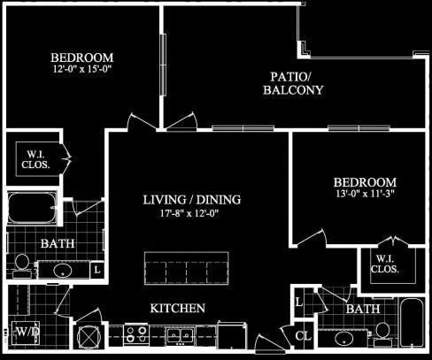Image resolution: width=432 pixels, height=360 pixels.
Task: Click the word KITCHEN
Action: point(178,309)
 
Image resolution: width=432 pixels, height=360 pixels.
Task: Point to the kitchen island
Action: point(186,267)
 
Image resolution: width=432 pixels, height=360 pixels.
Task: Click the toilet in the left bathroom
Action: point(21,263)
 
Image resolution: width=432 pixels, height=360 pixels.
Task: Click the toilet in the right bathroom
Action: point(382,331)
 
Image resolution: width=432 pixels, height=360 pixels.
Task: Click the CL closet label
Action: point(303,336)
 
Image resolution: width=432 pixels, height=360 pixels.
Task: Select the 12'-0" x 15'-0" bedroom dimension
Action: point(85,67)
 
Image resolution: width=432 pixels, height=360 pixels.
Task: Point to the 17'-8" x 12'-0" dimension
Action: point(191,213)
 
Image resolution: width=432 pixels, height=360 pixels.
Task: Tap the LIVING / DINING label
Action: point(191,199)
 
